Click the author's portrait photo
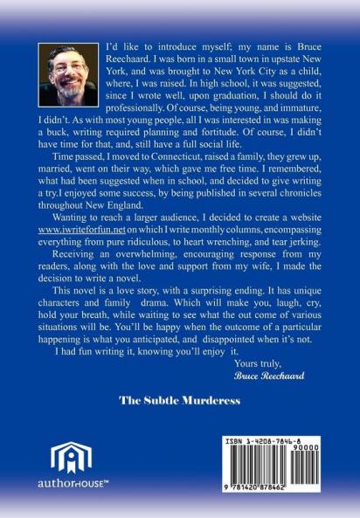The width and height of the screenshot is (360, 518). coord(68,77)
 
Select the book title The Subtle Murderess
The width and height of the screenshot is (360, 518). coord(180,404)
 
